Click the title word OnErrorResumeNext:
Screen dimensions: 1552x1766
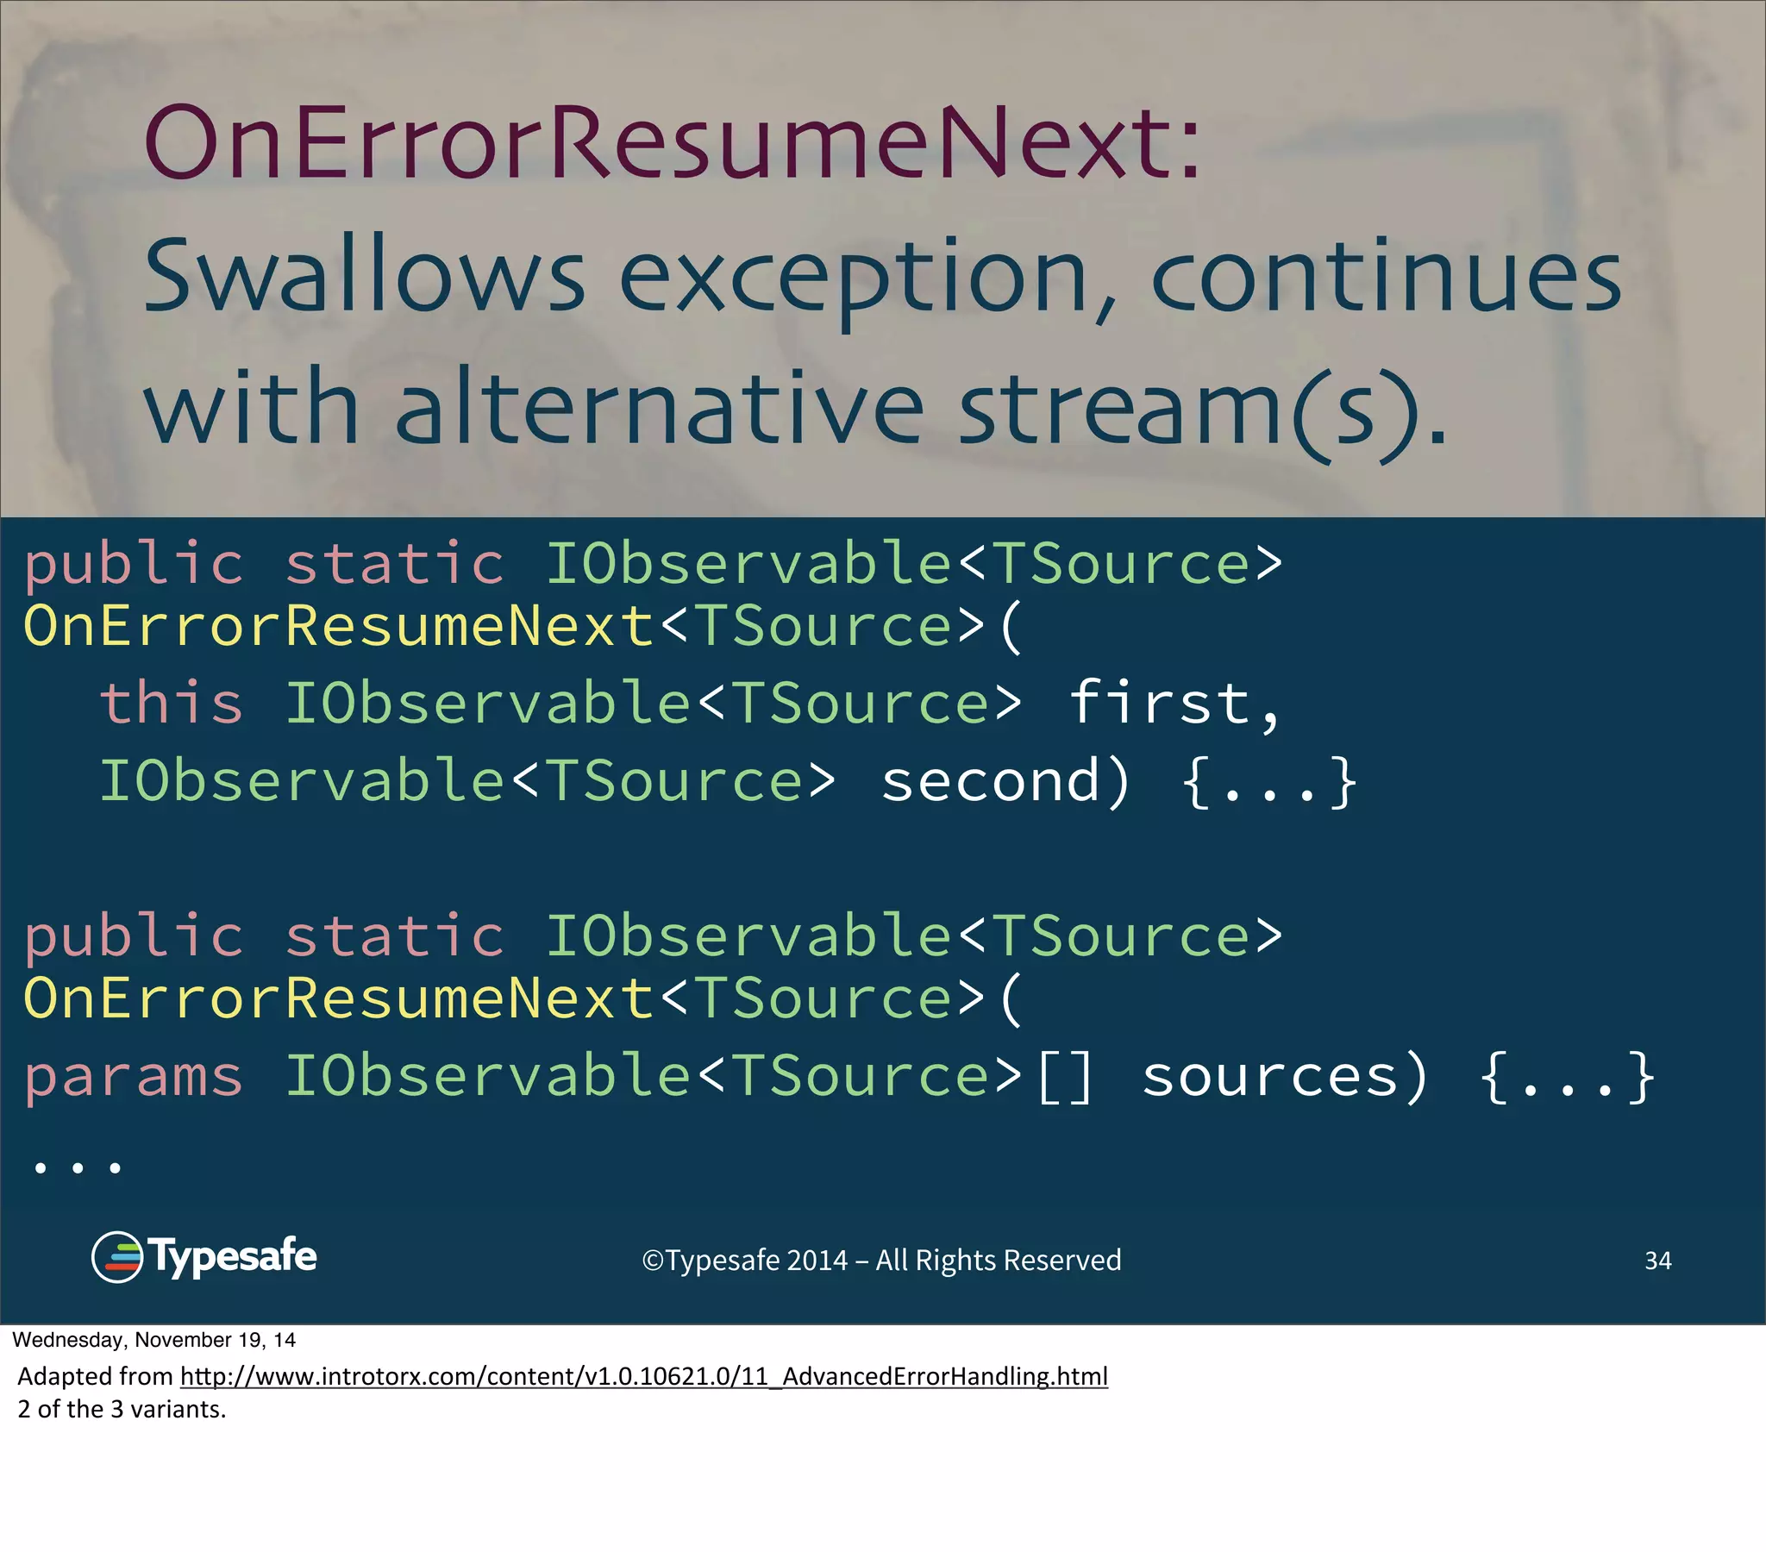click(672, 142)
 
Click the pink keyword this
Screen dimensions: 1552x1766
click(171, 703)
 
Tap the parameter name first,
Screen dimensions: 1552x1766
click(1175, 703)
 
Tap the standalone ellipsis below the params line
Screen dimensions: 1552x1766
click(77, 1168)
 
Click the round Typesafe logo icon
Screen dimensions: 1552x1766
click(116, 1257)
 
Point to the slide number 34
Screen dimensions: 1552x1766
click(1657, 1261)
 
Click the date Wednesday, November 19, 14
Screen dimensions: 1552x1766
click(153, 1340)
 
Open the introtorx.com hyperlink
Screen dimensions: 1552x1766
click(643, 1376)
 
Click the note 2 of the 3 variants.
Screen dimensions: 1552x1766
click(122, 1410)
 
